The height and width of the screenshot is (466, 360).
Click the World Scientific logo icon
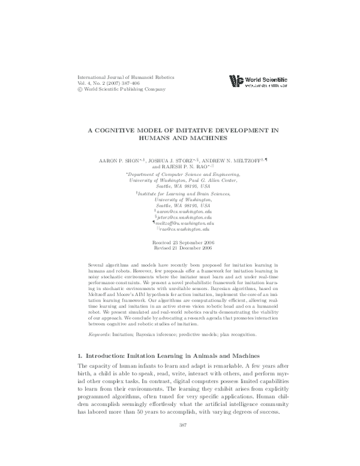coord(236,82)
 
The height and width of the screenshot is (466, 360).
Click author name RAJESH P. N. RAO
coord(187,168)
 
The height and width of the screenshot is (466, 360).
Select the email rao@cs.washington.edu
coord(185,229)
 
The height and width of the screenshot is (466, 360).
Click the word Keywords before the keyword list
coord(100,316)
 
